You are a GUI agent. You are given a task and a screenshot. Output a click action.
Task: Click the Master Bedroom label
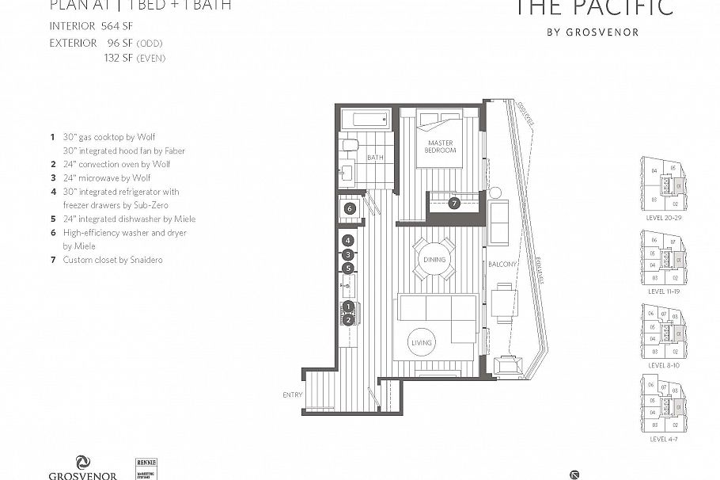440,147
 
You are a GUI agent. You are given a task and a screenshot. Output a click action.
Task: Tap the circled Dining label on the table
434,260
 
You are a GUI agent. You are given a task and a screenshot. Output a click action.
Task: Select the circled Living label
422,343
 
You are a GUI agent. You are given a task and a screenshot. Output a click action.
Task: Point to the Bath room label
374,158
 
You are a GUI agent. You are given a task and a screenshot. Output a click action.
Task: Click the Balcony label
502,264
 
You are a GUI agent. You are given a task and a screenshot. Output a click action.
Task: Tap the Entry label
292,395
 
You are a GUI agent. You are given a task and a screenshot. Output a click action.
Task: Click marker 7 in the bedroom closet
453,204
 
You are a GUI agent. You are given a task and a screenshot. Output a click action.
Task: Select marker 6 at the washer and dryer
350,208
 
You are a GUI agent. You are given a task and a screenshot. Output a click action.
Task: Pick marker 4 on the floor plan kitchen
347,241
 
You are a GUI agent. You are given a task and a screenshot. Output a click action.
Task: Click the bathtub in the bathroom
367,120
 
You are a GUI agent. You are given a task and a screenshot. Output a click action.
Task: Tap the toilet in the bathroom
349,145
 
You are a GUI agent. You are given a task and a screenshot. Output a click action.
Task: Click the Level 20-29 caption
663,216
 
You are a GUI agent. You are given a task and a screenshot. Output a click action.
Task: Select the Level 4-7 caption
663,438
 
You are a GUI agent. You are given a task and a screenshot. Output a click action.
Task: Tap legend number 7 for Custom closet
53,260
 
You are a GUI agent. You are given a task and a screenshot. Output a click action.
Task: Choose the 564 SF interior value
116,25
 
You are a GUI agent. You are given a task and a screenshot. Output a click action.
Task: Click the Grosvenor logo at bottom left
83,467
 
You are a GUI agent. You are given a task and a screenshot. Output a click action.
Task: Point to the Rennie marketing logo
146,467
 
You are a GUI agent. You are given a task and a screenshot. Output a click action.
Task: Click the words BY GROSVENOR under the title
593,32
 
